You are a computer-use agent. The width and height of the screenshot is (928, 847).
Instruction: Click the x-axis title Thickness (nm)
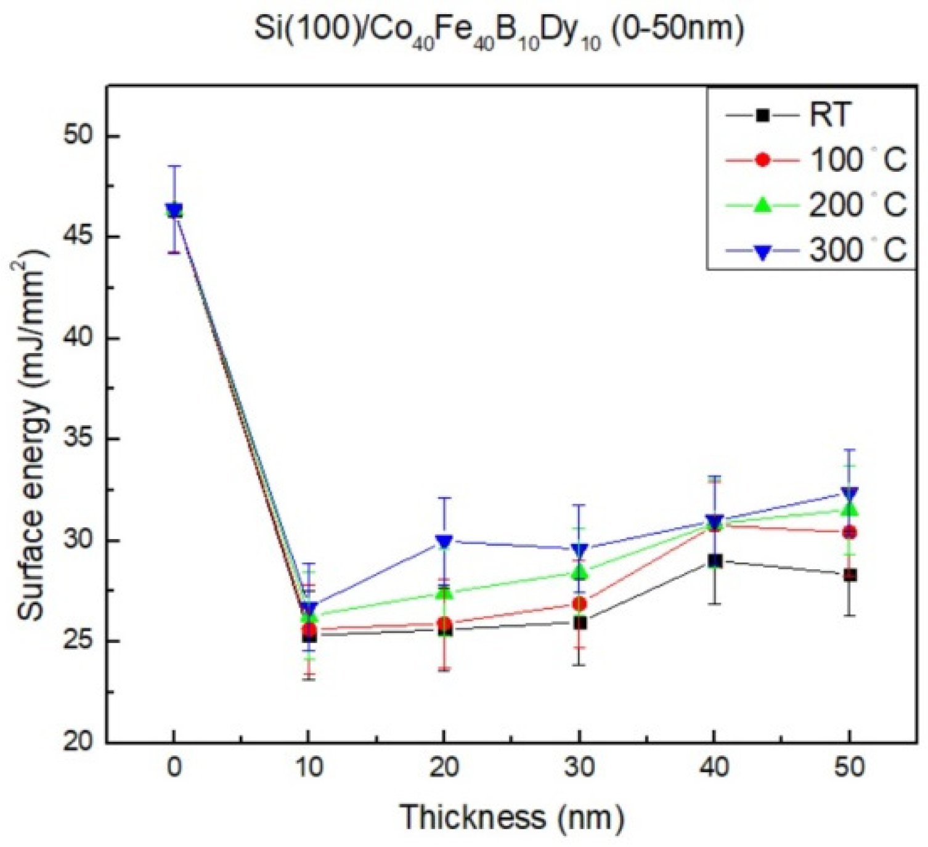pos(511,817)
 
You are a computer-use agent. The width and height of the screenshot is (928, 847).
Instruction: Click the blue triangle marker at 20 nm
pos(444,541)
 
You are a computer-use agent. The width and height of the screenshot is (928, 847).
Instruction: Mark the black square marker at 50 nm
pos(850,575)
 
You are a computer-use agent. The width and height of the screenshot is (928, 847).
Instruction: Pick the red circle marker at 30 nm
pos(579,604)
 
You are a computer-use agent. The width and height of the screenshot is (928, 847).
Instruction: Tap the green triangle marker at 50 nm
pos(850,509)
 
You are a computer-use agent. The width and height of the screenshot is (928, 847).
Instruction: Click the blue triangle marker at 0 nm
pos(174,211)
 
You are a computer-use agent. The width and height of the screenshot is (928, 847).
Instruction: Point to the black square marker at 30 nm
pos(579,623)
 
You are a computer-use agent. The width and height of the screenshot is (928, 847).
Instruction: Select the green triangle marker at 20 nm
pos(444,593)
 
